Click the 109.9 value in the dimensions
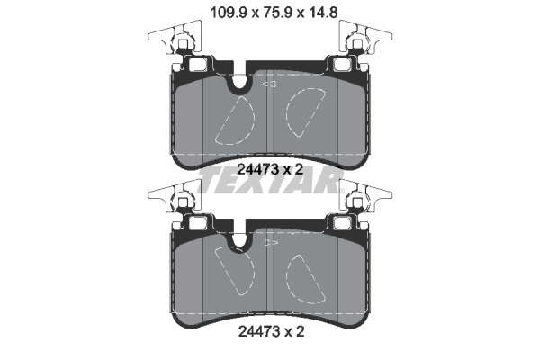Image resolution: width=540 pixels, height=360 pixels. pyautogui.click(x=229, y=13)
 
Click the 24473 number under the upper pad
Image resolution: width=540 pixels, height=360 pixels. pyautogui.click(x=258, y=169)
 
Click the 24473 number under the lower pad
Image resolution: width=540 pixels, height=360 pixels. pyautogui.click(x=258, y=332)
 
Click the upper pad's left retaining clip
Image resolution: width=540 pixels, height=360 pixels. pyautogui.click(x=175, y=37)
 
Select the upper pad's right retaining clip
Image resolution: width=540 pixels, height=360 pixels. pyautogui.click(x=365, y=37)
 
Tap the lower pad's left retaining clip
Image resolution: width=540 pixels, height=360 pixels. pyautogui.click(x=175, y=197)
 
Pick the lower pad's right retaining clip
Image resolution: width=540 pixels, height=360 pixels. pyautogui.click(x=365, y=197)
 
